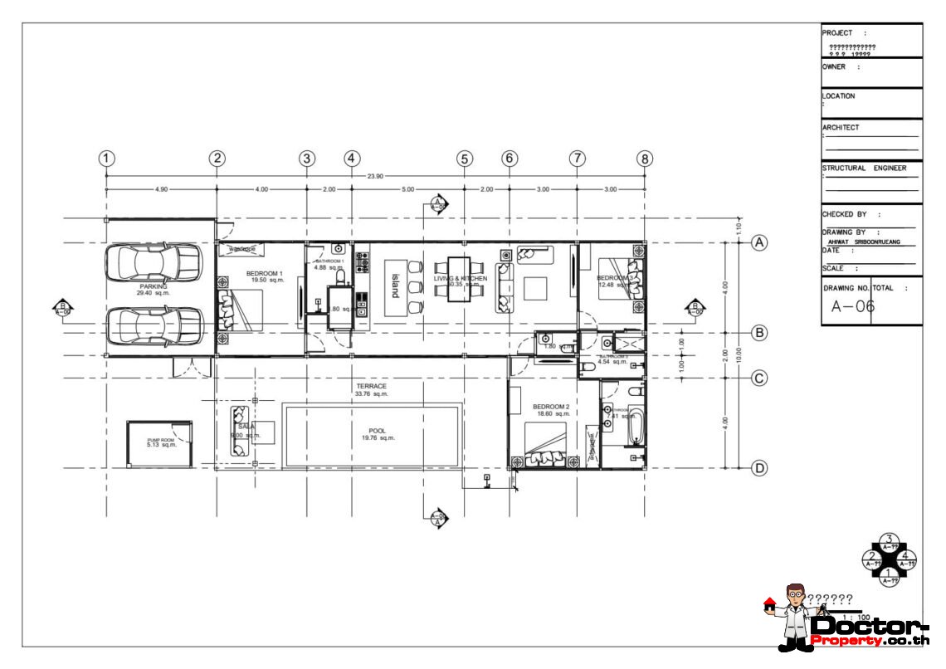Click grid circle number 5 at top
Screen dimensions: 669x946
coord(464,159)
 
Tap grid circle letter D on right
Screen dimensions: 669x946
coord(758,469)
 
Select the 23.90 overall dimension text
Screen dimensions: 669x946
coord(375,176)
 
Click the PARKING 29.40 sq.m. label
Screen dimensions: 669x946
coord(153,290)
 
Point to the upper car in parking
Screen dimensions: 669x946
coord(154,262)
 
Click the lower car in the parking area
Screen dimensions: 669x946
coord(154,325)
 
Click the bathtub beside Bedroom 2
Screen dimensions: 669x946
coord(635,426)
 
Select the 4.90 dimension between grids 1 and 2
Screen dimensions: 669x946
coord(161,190)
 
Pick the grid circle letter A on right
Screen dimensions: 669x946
coord(758,242)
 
